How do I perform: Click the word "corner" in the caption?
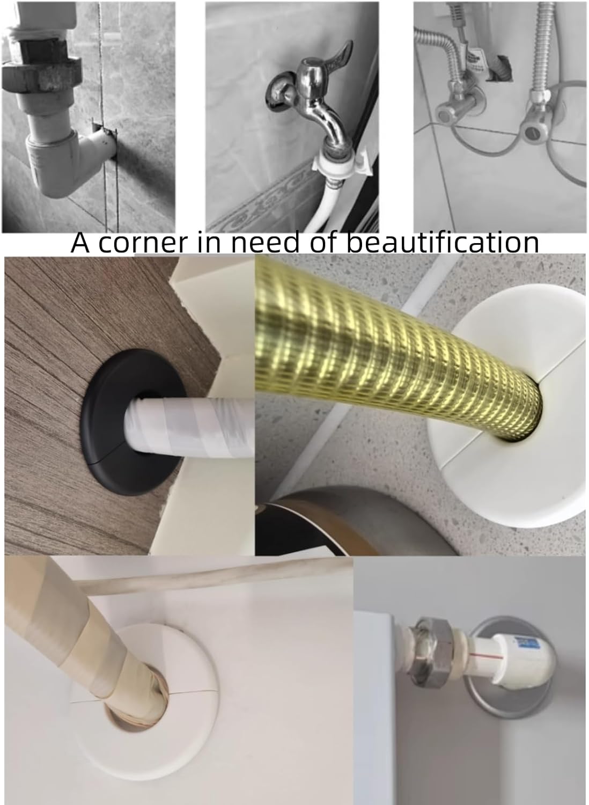click(142, 243)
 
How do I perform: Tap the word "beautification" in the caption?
click(443, 242)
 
